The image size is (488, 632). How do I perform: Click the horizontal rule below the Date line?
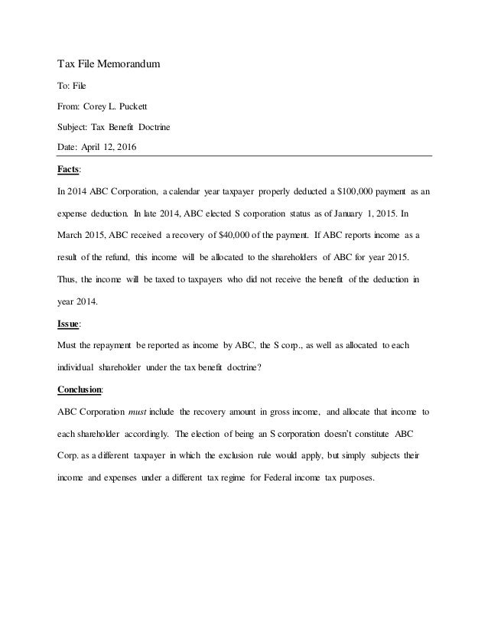[245, 156]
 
